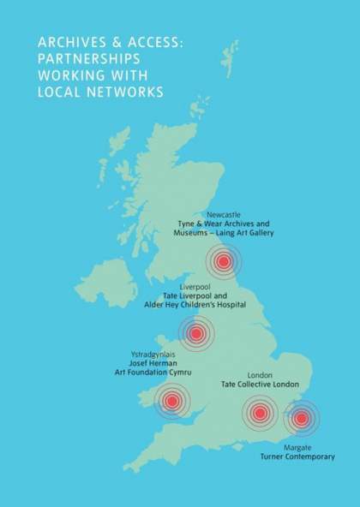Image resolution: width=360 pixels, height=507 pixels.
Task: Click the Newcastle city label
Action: (224, 213)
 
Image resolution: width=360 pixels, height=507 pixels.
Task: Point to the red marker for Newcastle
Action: (225, 261)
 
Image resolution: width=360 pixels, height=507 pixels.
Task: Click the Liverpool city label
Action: (195, 286)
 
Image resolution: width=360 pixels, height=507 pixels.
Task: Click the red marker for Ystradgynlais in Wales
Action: (171, 400)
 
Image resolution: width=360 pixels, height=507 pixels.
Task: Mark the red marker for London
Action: (260, 414)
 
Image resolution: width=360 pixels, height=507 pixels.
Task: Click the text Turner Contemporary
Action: (297, 457)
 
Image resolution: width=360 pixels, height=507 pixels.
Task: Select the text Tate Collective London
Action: (260, 385)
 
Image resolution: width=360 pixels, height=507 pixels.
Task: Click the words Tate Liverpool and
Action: (195, 295)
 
